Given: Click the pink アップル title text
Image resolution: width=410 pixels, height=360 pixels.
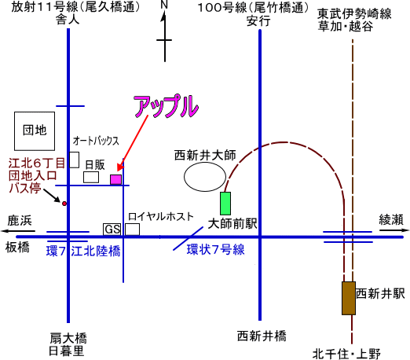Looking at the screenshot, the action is [x=167, y=105].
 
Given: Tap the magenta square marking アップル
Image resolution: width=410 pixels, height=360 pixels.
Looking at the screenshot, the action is [x=115, y=179].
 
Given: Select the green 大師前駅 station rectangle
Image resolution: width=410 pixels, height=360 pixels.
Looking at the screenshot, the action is [x=225, y=204].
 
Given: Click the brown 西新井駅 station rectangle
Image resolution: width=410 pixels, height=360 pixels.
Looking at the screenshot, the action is [x=349, y=298].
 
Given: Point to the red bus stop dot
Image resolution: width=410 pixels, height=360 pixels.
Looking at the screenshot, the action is [x=64, y=204].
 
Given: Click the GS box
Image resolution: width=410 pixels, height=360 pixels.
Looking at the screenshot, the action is [x=112, y=230].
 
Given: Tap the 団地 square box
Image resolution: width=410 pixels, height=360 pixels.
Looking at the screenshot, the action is [x=35, y=131].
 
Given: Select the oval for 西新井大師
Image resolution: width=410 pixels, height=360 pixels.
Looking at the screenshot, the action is [x=205, y=177].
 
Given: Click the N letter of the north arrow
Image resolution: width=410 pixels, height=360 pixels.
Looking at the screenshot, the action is [x=164, y=5].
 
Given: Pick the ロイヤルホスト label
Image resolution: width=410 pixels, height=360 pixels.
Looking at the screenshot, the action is [x=161, y=217].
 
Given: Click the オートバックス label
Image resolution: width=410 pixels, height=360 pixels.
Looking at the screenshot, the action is [x=96, y=141].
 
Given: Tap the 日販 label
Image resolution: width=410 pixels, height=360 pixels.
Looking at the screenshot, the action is [x=95, y=165].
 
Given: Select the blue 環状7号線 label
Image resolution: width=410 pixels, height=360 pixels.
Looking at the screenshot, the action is [x=215, y=249].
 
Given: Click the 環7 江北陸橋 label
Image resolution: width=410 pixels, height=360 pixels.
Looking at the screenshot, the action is [x=83, y=251].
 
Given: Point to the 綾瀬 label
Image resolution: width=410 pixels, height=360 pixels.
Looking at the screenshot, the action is [x=391, y=219].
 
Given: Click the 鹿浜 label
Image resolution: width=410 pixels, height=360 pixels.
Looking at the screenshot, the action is [x=20, y=221].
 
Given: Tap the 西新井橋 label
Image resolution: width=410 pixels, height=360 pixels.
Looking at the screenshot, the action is [x=262, y=336].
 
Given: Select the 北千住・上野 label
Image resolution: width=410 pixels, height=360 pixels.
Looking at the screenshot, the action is [x=346, y=354].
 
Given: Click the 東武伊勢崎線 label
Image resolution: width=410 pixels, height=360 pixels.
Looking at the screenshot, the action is [x=354, y=14].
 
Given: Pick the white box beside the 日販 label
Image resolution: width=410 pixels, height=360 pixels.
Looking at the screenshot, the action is [x=91, y=177].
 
